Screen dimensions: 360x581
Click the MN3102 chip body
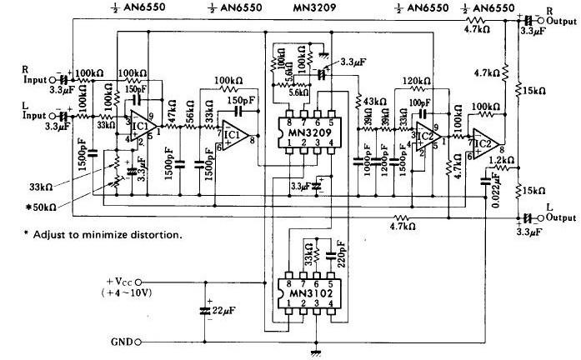[x=308, y=293]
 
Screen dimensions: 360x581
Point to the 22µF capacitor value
[x=230, y=311]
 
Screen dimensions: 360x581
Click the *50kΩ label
[x=42, y=205]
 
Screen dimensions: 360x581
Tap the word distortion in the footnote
[x=154, y=234]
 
